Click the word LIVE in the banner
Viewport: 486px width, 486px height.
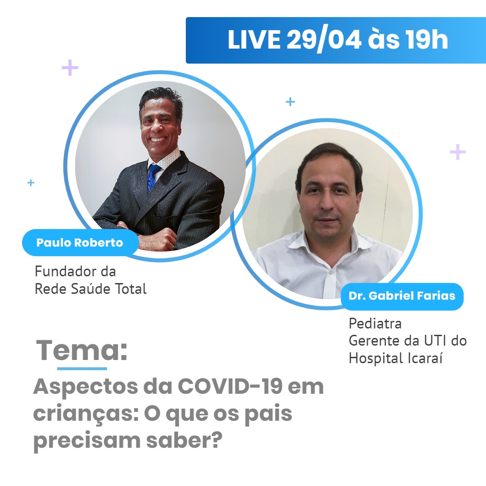click(254, 40)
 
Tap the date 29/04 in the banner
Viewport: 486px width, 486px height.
click(323, 40)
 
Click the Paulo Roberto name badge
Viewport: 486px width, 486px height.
click(80, 243)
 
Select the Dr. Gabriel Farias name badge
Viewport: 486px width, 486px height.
click(402, 296)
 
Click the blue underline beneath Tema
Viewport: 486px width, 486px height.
click(82, 369)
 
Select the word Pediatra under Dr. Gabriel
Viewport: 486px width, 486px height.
click(375, 324)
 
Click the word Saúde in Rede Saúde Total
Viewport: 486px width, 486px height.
click(88, 289)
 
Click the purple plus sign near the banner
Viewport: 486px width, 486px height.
click(70, 68)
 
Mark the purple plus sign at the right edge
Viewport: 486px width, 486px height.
click(458, 152)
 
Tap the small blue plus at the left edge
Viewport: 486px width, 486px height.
click(31, 183)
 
